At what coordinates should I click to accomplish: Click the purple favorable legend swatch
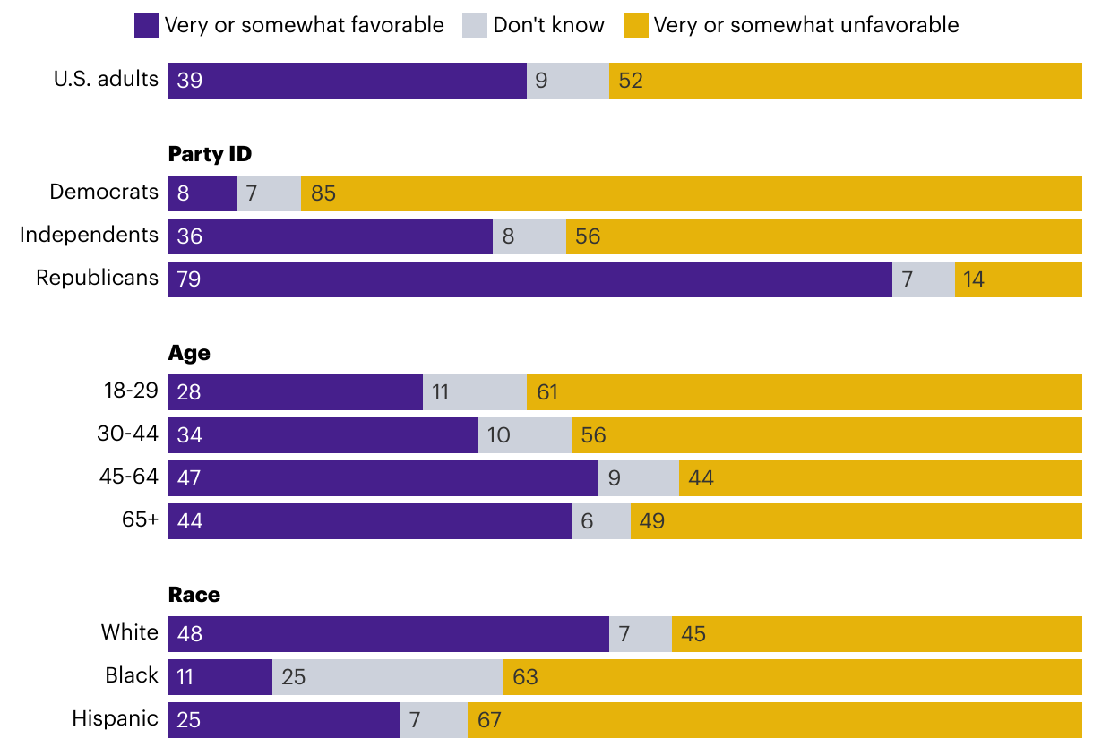pos(146,25)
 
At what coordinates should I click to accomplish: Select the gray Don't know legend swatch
pos(475,25)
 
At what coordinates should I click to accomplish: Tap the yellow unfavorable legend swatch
pos(635,25)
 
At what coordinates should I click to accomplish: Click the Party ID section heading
pos(210,154)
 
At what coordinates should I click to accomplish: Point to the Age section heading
pos(189,353)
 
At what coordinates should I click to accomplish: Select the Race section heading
pos(194,595)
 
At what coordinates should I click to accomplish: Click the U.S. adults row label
pos(106,79)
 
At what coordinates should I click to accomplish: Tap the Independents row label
pos(89,235)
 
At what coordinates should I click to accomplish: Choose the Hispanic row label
pos(115,718)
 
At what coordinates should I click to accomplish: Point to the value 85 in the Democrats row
pos(323,193)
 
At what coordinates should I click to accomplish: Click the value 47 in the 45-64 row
pos(189,478)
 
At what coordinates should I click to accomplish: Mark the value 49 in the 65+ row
pos(652,521)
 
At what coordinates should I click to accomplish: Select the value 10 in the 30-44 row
pos(499,435)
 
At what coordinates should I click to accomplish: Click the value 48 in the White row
pos(190,634)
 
